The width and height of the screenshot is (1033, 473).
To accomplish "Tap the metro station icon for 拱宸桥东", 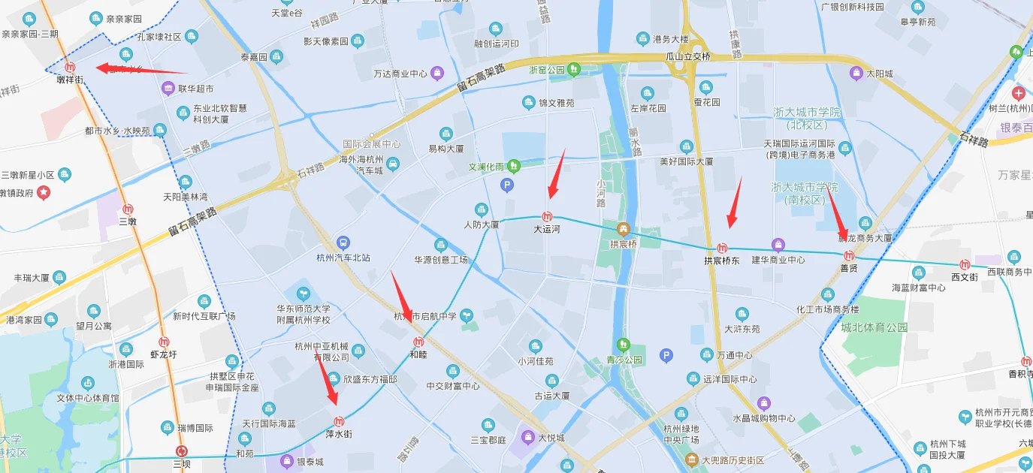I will click(x=722, y=248).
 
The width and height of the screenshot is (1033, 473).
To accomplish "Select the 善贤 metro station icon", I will click(x=849, y=255).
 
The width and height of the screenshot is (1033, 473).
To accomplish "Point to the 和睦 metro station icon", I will click(x=409, y=342).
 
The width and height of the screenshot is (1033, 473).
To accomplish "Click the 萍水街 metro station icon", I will click(x=339, y=421).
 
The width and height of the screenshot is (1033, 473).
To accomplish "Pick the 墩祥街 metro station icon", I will click(x=70, y=67).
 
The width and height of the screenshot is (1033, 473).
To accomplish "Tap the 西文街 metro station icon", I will click(x=965, y=264).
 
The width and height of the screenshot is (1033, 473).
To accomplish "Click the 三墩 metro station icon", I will click(x=128, y=209).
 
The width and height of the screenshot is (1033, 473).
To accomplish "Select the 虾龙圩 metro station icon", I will click(x=164, y=342).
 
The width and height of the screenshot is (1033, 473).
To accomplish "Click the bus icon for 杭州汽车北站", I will click(x=343, y=243).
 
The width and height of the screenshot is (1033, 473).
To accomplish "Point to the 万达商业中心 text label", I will click(x=400, y=74).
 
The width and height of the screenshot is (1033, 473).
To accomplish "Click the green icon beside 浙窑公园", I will click(x=575, y=70).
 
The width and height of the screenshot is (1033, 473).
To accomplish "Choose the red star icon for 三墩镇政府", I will click(x=44, y=193).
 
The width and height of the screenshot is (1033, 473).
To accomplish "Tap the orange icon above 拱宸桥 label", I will click(x=622, y=228).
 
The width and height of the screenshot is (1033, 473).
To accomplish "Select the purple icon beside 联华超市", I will click(x=168, y=89).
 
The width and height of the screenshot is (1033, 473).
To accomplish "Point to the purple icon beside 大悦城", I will click(x=529, y=437).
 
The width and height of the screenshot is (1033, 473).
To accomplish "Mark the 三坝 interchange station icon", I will click(x=181, y=451).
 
